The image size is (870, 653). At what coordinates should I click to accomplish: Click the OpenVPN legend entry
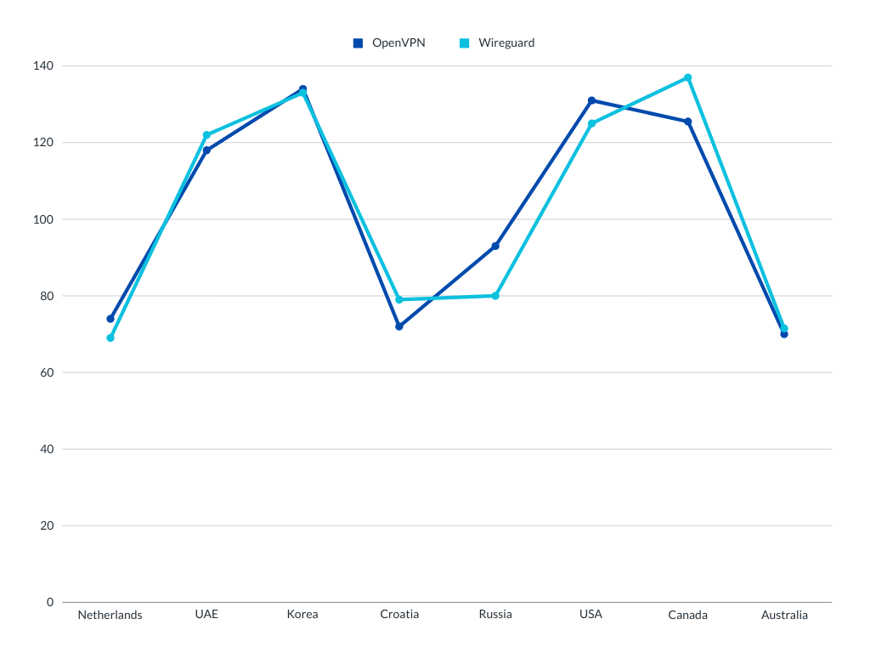coord(389,43)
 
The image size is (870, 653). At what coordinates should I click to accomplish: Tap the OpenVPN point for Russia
coord(495,246)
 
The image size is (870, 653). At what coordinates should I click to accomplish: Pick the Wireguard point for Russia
coord(495,296)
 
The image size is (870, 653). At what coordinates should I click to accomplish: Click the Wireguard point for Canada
coord(688,77)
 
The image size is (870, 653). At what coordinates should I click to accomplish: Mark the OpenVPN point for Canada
coord(688,122)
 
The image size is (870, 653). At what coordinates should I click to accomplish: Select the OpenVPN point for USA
coord(591,100)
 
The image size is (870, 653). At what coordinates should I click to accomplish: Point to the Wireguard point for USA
coord(591,123)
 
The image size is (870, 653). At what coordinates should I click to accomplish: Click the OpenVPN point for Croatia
coord(399,326)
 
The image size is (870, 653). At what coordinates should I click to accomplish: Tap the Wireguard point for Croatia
coord(399,299)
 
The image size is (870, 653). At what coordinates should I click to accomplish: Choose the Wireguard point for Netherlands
coord(110,338)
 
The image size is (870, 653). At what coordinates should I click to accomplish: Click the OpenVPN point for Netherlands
coord(110,319)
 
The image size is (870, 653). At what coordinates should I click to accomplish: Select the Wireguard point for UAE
coord(206,134)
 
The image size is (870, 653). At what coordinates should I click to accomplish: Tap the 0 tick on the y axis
coord(50,602)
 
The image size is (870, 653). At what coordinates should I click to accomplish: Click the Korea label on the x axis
coord(302,614)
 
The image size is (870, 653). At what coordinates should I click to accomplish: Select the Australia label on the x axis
coord(784,615)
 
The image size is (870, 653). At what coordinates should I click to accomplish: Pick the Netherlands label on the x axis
coord(110,615)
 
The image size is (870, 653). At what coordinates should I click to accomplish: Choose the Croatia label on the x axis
coord(399,614)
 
